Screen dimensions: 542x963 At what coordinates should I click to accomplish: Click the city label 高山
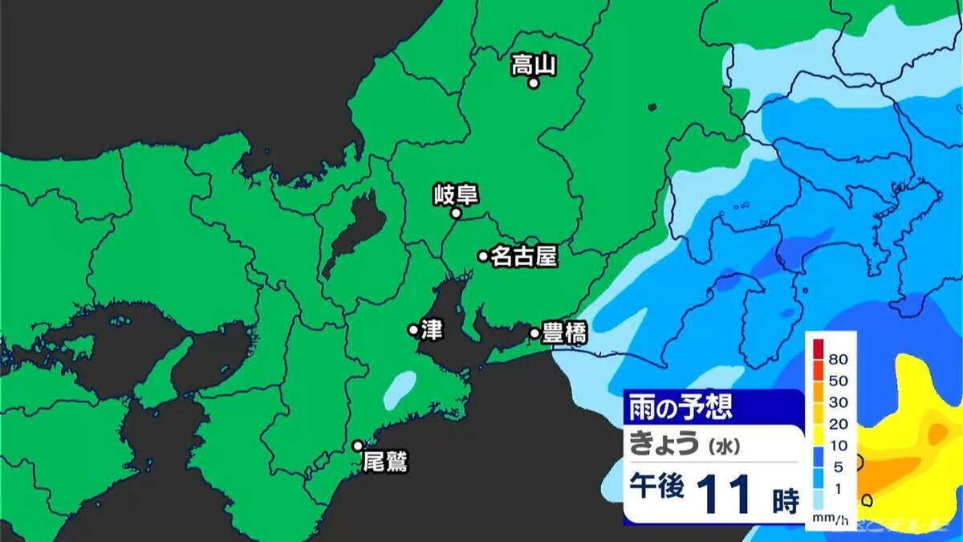click(534, 64)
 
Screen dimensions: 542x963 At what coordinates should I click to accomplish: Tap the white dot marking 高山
click(533, 83)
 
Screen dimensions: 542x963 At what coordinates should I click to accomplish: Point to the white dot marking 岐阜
click(455, 214)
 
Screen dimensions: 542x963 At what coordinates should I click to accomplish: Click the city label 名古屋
click(523, 256)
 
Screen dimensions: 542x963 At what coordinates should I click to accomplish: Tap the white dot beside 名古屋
click(483, 257)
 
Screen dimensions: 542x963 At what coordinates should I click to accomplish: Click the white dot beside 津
click(413, 329)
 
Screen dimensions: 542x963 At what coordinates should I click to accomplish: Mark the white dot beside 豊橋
click(534, 332)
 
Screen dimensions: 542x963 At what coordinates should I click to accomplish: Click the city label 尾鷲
click(385, 463)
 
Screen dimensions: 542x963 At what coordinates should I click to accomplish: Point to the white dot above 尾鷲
click(358, 446)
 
